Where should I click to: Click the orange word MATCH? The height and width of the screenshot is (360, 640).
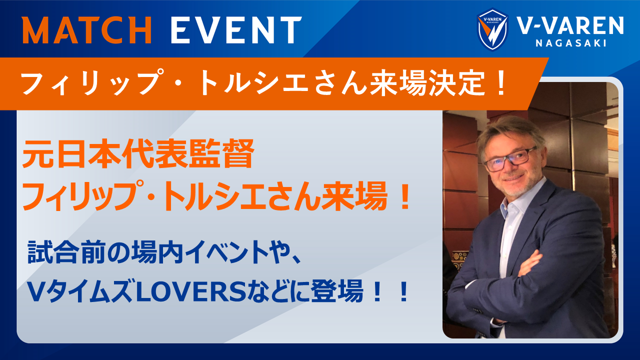87,29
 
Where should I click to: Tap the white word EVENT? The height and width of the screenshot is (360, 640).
236,29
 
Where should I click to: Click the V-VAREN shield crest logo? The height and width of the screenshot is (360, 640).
492,29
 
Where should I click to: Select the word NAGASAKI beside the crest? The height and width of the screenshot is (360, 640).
571,43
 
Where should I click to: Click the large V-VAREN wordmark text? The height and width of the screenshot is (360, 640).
570,25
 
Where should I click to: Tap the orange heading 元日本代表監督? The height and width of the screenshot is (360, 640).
138,153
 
